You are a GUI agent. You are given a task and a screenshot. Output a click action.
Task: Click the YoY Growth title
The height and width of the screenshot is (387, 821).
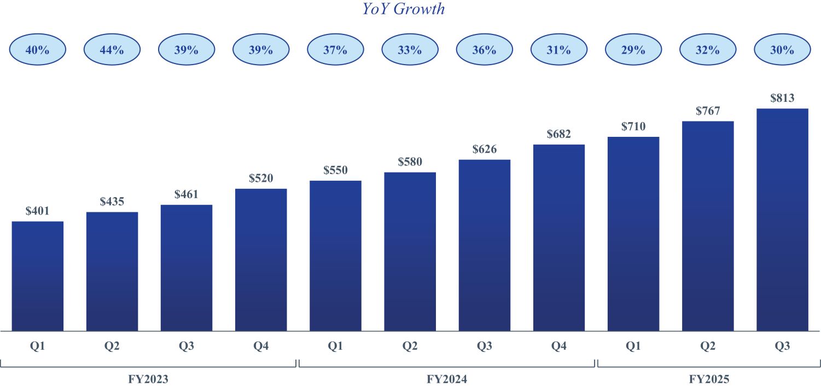(404, 9)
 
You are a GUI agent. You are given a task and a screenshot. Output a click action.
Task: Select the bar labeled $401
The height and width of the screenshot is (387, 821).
(37, 276)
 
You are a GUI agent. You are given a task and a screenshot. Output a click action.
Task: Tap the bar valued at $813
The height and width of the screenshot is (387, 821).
(782, 220)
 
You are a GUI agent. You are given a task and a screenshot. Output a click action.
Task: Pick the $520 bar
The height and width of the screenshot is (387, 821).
(261, 259)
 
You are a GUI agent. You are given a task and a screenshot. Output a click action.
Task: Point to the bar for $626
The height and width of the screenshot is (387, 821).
(484, 245)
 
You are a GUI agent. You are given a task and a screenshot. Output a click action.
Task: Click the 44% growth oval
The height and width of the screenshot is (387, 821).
(112, 50)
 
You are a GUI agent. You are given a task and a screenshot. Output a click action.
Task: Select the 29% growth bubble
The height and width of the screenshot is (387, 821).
(633, 50)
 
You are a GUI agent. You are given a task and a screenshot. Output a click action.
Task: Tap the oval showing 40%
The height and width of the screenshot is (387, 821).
(37, 50)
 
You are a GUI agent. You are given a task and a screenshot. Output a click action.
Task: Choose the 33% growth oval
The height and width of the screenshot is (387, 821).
(410, 50)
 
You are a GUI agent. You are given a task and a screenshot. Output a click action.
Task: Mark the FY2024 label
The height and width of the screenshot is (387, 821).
(447, 378)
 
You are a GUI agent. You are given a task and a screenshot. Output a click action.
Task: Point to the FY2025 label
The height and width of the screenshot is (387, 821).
(709, 378)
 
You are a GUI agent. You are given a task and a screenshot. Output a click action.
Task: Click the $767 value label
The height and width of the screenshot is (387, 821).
(707, 111)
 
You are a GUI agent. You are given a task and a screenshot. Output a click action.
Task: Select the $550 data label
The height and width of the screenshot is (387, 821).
(335, 170)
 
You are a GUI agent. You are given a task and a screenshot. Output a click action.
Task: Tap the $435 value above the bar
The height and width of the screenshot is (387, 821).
(112, 201)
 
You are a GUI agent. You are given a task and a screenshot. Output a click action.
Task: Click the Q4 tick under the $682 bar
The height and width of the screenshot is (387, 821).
(558, 346)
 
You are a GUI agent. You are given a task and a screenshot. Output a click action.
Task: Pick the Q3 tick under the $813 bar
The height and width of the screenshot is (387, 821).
(782, 346)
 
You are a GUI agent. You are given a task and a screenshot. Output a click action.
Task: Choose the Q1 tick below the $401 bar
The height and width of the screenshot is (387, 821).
(37, 346)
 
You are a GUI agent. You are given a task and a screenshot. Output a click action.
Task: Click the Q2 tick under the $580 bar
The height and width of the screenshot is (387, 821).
(410, 346)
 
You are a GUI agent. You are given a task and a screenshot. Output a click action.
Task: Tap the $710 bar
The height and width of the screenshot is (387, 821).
(633, 234)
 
